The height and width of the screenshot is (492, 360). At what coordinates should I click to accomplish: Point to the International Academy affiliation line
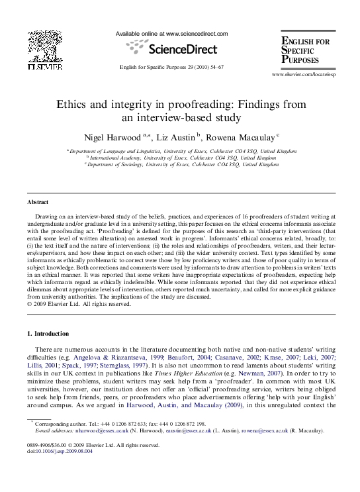183,158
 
